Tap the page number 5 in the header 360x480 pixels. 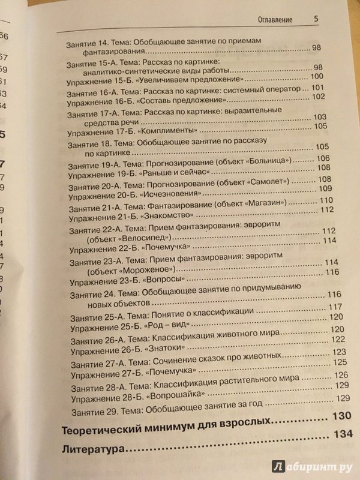coord(316,19)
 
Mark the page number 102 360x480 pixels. coord(318,97)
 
